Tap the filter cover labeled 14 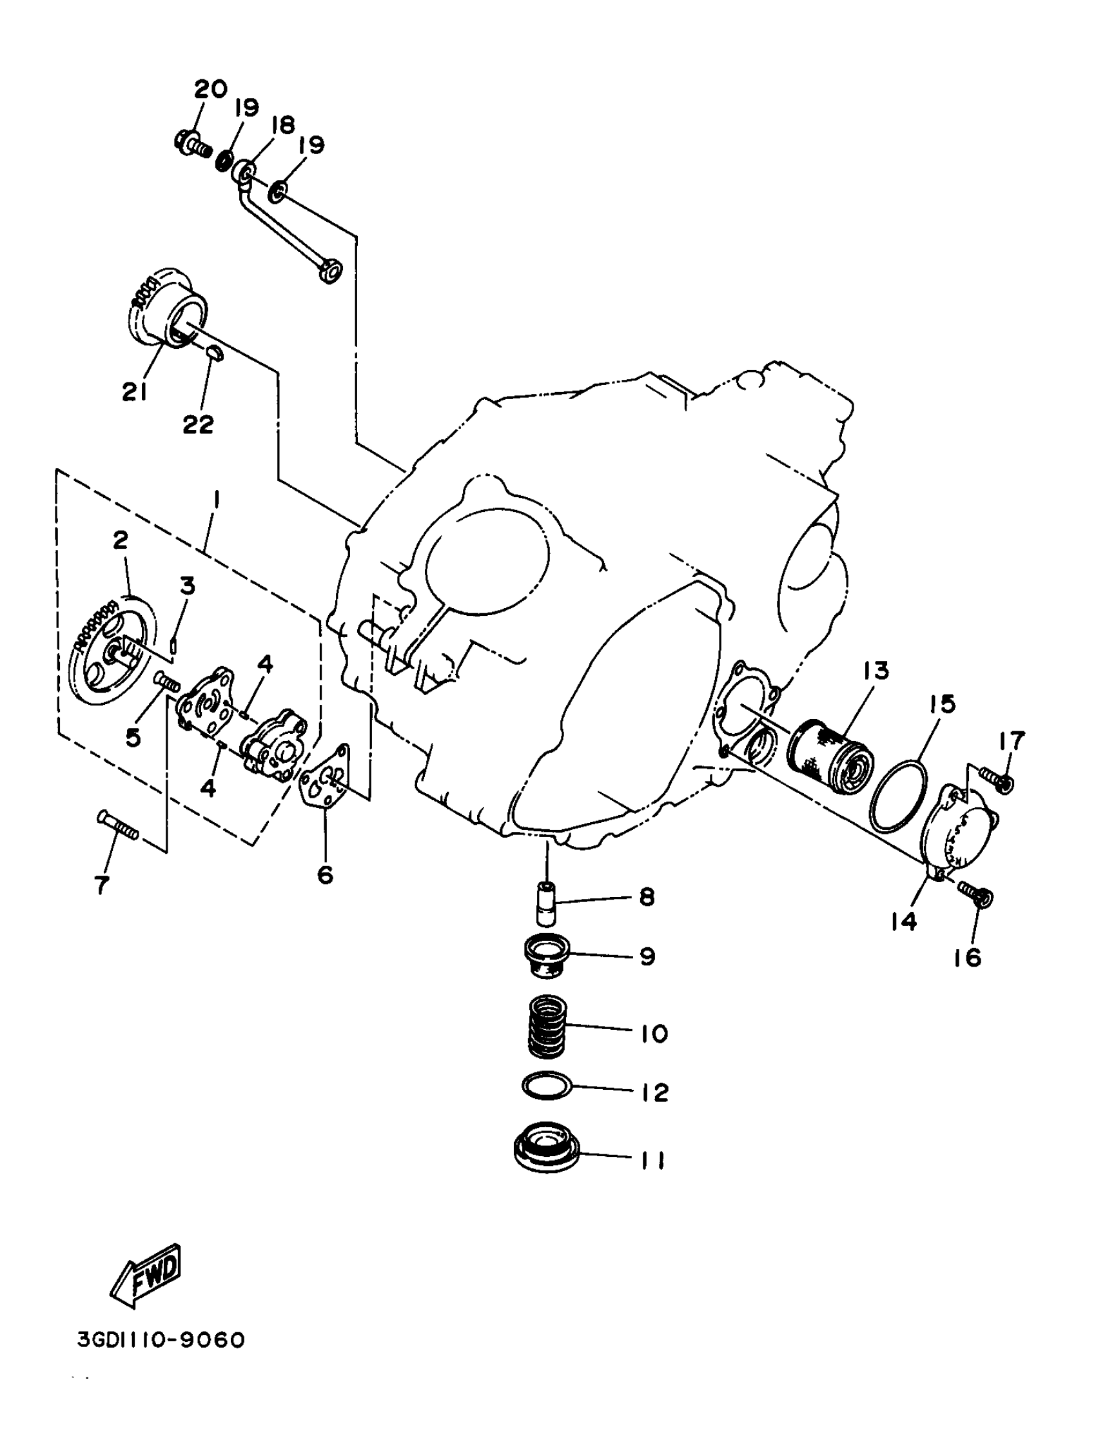pos(968,829)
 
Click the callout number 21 pos(134,391)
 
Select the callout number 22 pos(198,425)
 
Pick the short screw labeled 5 pos(168,684)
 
